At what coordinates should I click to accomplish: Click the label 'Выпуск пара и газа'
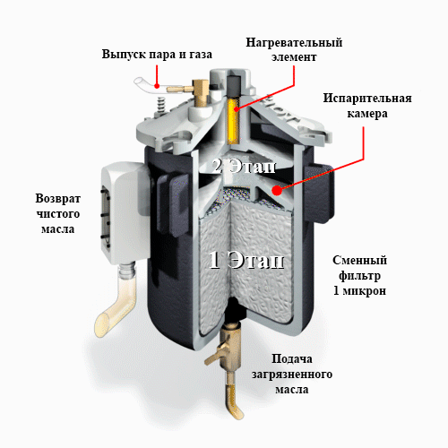pyautogui.click(x=157, y=55)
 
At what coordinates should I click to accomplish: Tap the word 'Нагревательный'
pyautogui.click(x=294, y=42)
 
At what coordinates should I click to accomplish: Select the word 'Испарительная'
pyautogui.click(x=367, y=99)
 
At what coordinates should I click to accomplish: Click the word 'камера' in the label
pyautogui.click(x=367, y=114)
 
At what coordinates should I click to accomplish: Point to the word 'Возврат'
pyautogui.click(x=58, y=199)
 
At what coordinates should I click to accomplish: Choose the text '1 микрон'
pyautogui.click(x=360, y=290)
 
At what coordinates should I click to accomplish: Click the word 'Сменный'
pyautogui.click(x=360, y=260)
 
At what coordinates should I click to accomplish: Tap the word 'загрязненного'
pyautogui.click(x=292, y=375)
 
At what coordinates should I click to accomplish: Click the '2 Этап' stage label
pyautogui.click(x=244, y=166)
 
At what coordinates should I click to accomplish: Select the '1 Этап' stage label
pyautogui.click(x=246, y=260)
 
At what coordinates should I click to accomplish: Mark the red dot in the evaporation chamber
pyautogui.click(x=278, y=190)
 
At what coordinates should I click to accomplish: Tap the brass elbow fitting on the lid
pyautogui.click(x=200, y=91)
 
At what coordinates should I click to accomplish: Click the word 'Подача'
pyautogui.click(x=292, y=359)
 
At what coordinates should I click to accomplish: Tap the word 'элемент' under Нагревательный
pyautogui.click(x=294, y=57)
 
